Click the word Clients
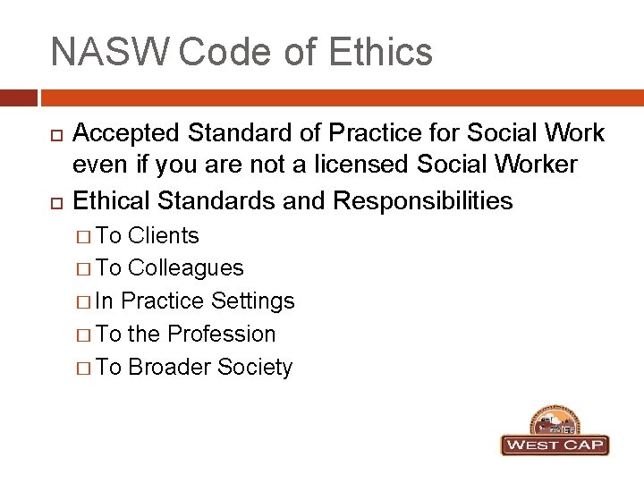tap(164, 235)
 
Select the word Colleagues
tap(186, 268)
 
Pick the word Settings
tap(254, 301)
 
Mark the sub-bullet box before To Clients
tap(82, 236)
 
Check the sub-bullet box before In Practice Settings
tap(82, 302)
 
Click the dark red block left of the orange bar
tap(18, 97)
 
